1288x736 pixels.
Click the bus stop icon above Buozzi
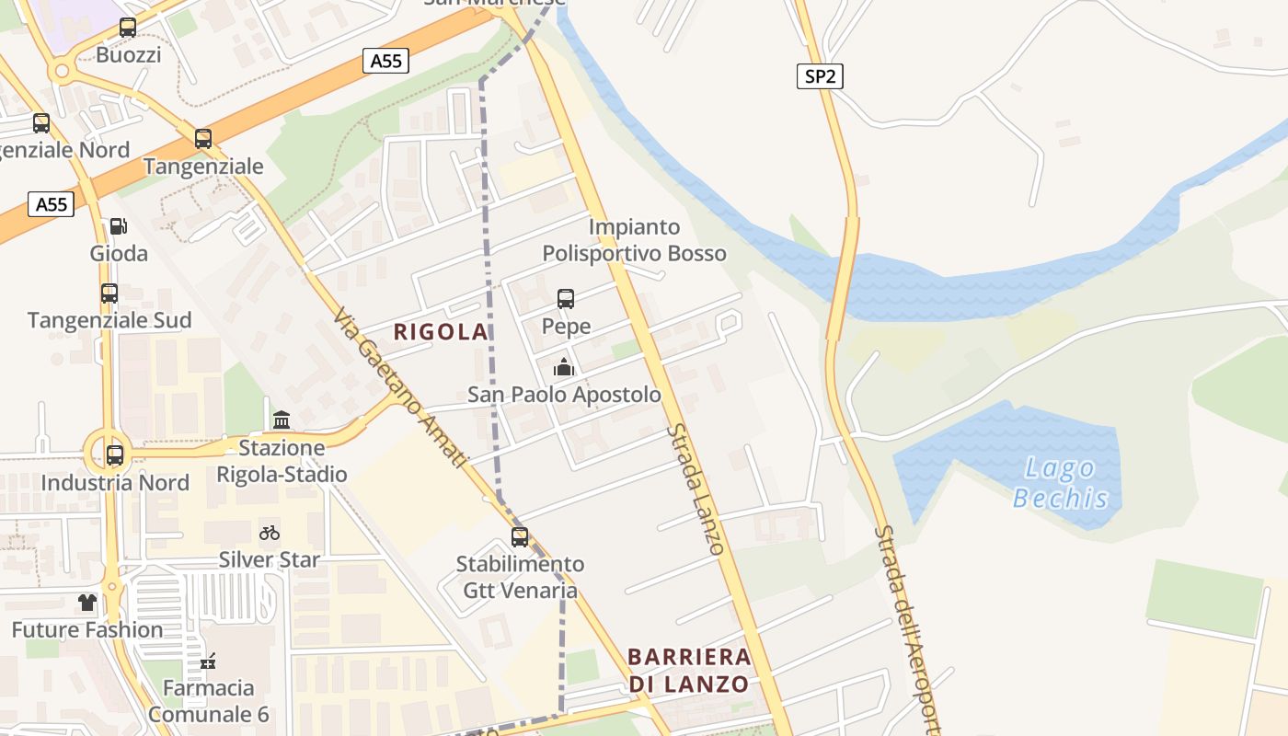[128, 28]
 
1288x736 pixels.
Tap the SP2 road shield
[820, 76]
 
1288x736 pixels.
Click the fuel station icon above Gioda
[118, 226]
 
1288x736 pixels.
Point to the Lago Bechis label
[1060, 483]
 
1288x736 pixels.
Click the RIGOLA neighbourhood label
[441, 332]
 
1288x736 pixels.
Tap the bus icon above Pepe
[566, 299]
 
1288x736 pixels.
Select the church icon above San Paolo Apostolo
[564, 368]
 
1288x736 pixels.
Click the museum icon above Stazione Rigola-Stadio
[282, 420]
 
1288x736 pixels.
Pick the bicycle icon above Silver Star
[269, 533]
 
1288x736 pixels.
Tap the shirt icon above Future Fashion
[87, 603]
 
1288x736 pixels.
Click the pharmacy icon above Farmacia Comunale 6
[208, 661]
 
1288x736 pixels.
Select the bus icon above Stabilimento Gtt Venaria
[520, 537]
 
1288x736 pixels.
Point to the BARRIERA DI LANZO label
[689, 671]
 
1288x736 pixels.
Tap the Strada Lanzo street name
[696, 489]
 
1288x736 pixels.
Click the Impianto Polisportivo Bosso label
[634, 240]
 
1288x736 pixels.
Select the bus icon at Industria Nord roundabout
[115, 454]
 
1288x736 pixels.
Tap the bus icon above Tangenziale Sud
[109, 293]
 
